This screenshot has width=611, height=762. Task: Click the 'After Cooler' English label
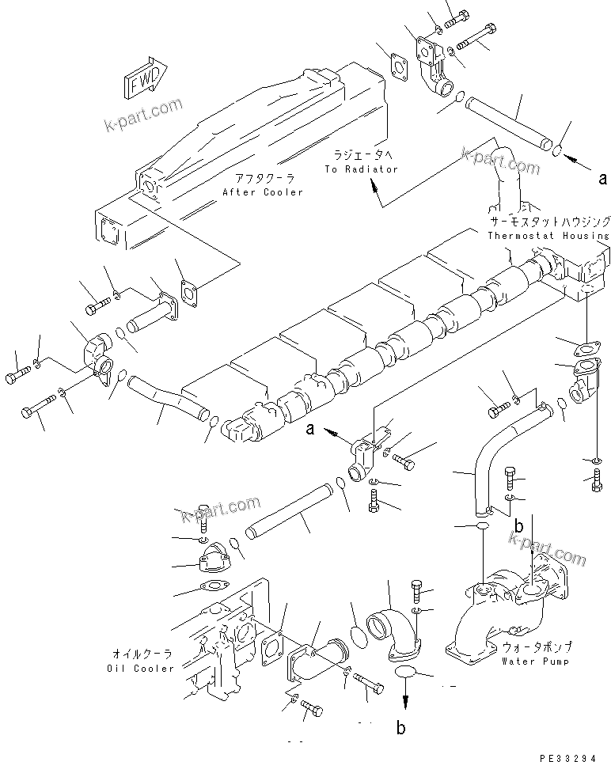tap(262, 192)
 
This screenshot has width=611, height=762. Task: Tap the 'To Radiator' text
tap(361, 169)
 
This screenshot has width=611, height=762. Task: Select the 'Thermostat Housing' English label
tap(548, 235)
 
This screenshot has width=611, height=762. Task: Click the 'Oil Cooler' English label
tap(140, 668)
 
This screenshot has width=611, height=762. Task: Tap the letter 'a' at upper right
tap(603, 179)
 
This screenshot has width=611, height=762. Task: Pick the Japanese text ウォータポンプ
tap(537, 646)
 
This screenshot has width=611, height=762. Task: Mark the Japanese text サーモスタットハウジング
tap(548, 222)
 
